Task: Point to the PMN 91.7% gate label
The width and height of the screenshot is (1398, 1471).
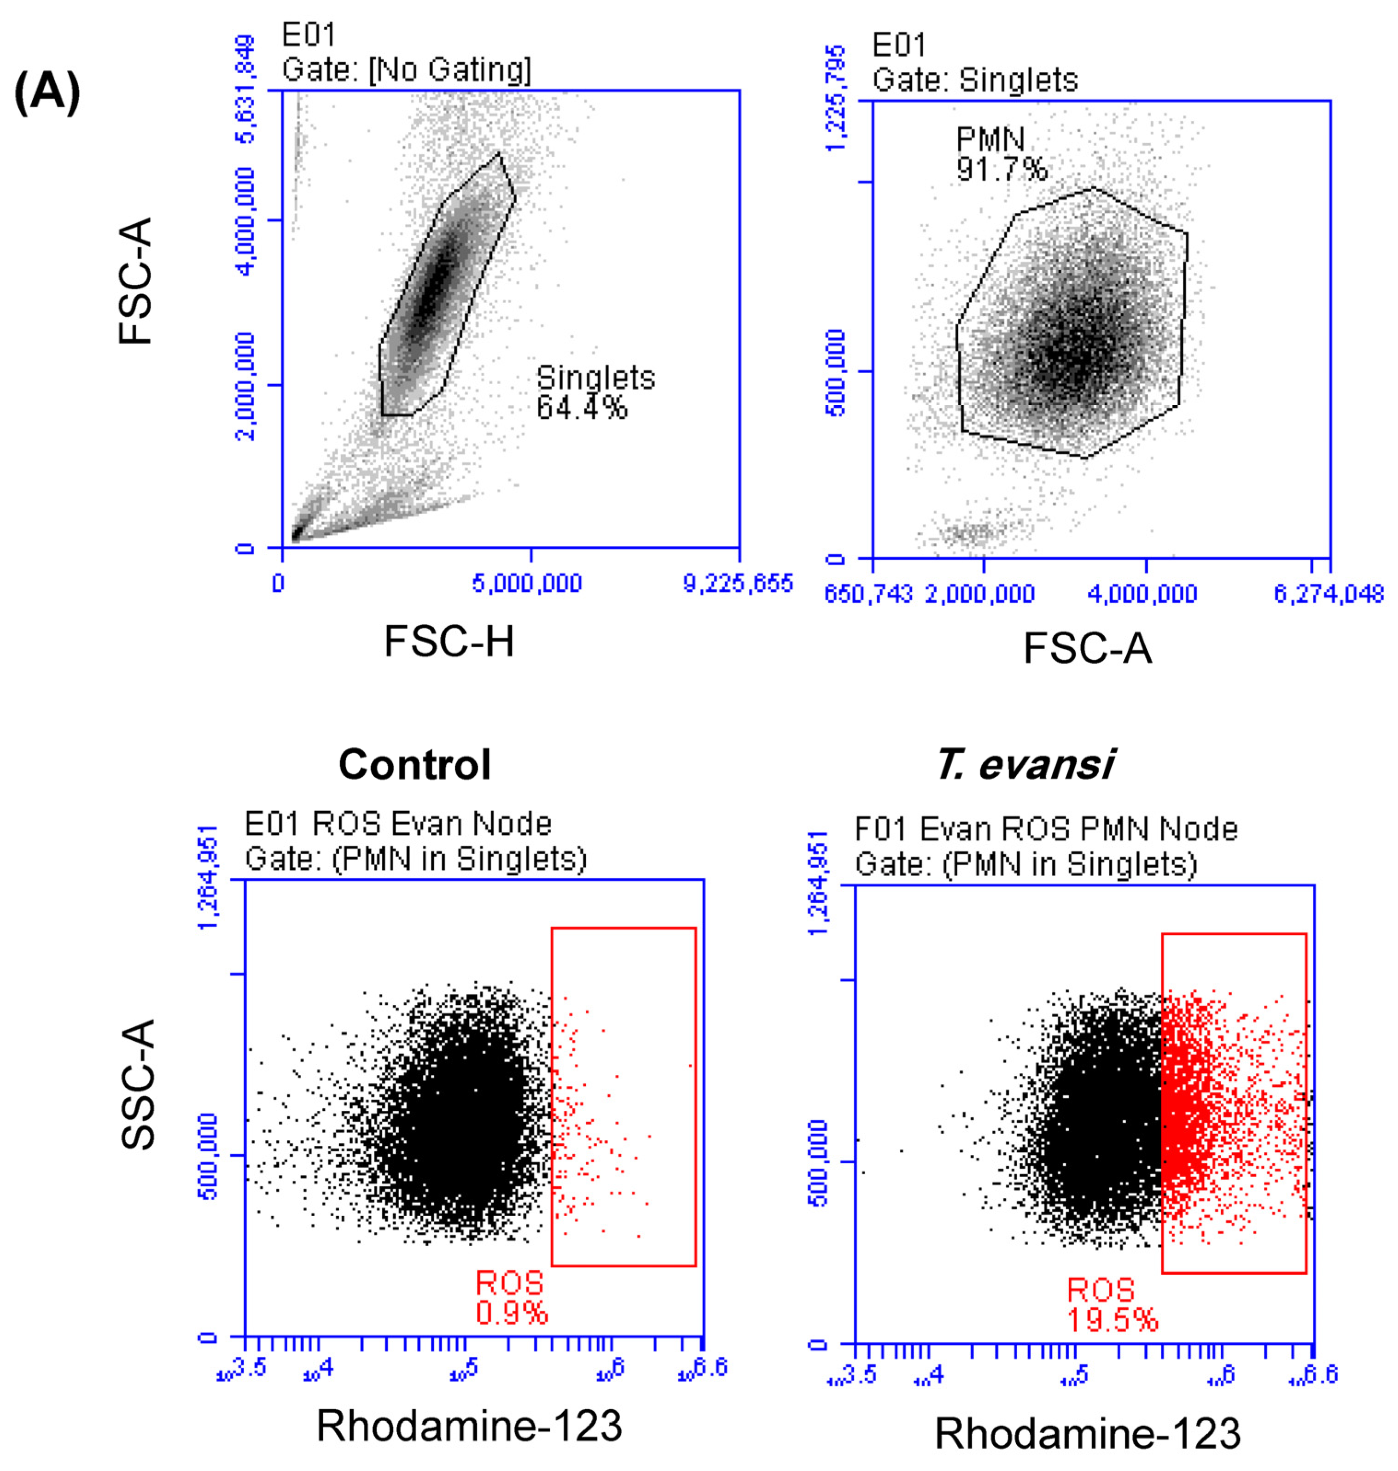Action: pos(1001,154)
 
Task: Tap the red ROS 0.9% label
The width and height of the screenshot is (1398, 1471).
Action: pos(511,1298)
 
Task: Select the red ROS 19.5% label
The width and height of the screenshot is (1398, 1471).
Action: pos(1111,1306)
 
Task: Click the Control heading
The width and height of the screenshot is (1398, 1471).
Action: pos(414,764)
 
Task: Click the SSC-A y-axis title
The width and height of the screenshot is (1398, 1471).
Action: pos(137,1085)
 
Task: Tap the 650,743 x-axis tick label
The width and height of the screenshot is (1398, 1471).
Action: pos(868,594)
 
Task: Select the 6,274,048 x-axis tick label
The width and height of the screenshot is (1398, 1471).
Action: pos(1328,594)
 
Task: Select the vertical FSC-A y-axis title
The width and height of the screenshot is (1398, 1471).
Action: pos(136,281)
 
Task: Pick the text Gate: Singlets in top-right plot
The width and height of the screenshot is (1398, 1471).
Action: pos(975,80)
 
